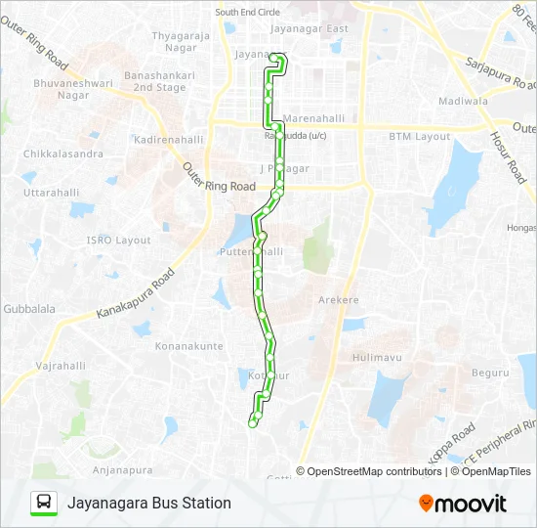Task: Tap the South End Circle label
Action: (x=247, y=12)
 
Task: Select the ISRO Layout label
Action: (x=118, y=241)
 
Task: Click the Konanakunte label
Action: (x=189, y=346)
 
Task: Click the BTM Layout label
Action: (x=420, y=137)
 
